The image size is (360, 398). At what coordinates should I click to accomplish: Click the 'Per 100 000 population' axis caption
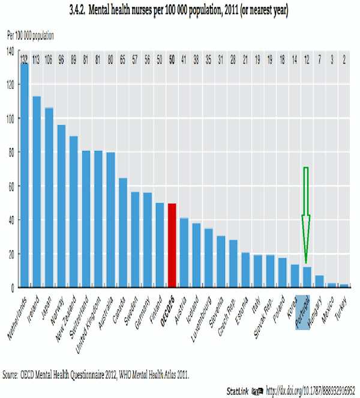[35, 37]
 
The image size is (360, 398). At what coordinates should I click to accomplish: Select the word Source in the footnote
[13, 374]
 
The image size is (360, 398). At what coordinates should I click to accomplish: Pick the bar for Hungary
[319, 281]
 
